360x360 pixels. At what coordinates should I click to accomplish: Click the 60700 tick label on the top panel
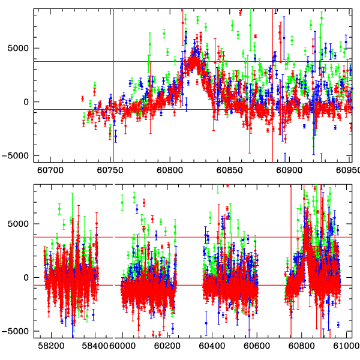(x=50, y=170)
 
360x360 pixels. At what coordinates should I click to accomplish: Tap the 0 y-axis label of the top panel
(x=26, y=101)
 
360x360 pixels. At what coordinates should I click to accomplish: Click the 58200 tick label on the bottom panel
(x=51, y=346)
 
